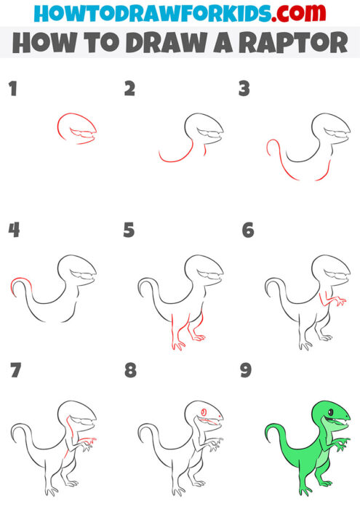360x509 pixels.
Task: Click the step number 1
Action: tap(12, 89)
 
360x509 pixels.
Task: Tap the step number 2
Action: tap(129, 89)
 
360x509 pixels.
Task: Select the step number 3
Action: tap(245, 89)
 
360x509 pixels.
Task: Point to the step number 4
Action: tap(13, 231)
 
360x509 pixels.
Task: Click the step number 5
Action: tap(129, 231)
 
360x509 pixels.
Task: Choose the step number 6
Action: tap(247, 231)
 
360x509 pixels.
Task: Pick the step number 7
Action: tap(15, 370)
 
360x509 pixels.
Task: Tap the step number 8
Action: tap(130, 370)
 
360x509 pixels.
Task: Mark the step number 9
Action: tap(246, 370)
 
